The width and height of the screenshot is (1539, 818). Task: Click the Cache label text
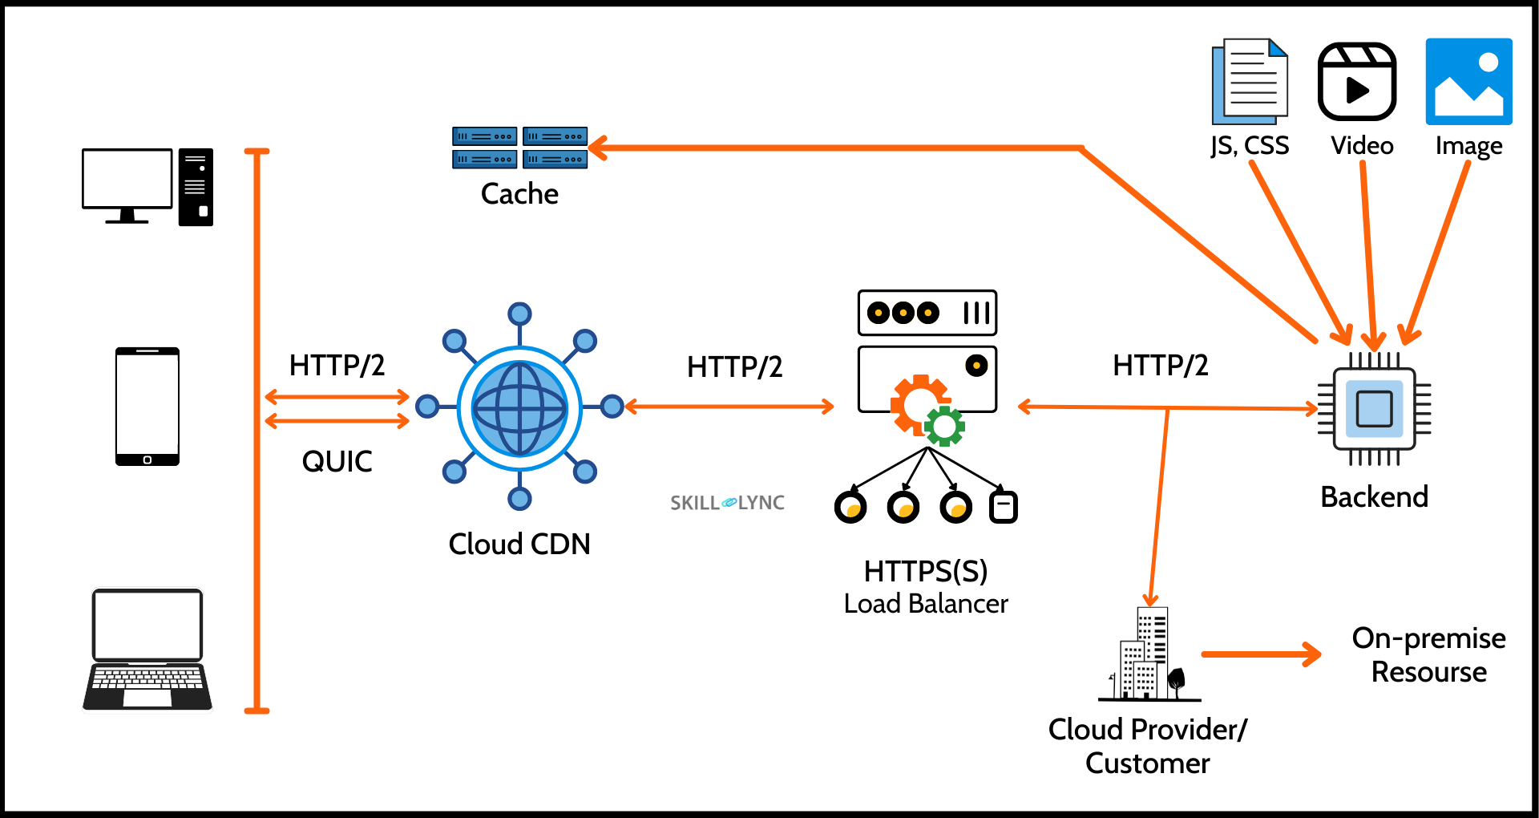click(519, 194)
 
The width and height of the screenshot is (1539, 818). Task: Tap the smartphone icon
click(147, 406)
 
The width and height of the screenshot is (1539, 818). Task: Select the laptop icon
click(147, 649)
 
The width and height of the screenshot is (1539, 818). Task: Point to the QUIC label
click(337, 461)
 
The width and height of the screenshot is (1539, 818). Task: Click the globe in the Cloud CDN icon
click(519, 408)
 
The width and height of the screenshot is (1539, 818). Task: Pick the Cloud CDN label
click(519, 544)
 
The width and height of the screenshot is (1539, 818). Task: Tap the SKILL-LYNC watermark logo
click(727, 503)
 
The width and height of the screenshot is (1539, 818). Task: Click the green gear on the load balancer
click(944, 426)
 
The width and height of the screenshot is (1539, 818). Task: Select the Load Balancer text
click(926, 603)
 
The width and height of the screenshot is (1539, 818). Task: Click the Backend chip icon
click(1374, 409)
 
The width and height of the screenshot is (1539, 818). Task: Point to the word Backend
click(1374, 497)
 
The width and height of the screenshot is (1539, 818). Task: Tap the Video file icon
click(1357, 82)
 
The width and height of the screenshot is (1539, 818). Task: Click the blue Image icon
click(1468, 82)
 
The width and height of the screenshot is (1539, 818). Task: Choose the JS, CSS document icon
click(1250, 81)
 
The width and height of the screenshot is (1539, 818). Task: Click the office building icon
click(1147, 654)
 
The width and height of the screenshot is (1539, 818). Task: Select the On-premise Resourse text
click(1428, 654)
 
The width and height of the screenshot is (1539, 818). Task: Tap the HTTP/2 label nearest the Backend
click(1160, 366)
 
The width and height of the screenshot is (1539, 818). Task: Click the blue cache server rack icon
click(519, 148)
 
